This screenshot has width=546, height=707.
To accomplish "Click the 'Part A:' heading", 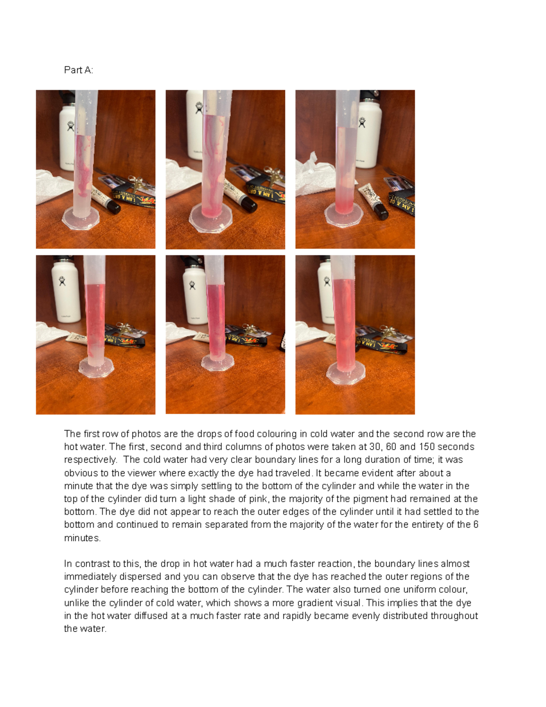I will [x=78, y=70].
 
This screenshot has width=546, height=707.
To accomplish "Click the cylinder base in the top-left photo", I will [x=81, y=218].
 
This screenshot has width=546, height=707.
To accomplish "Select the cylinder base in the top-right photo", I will [x=344, y=214].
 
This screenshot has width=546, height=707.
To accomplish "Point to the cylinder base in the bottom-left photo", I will [x=96, y=367].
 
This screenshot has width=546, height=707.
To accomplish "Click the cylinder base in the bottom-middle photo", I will [x=218, y=362].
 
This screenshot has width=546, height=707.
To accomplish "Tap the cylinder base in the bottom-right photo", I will [x=345, y=373].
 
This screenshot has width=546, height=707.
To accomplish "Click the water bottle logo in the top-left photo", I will [x=71, y=126].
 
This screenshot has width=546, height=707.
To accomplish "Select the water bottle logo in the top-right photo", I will [x=362, y=122].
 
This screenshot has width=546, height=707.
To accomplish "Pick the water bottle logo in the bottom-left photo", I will [x=62, y=280].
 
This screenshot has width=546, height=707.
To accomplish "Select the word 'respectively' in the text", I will [x=90, y=460].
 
